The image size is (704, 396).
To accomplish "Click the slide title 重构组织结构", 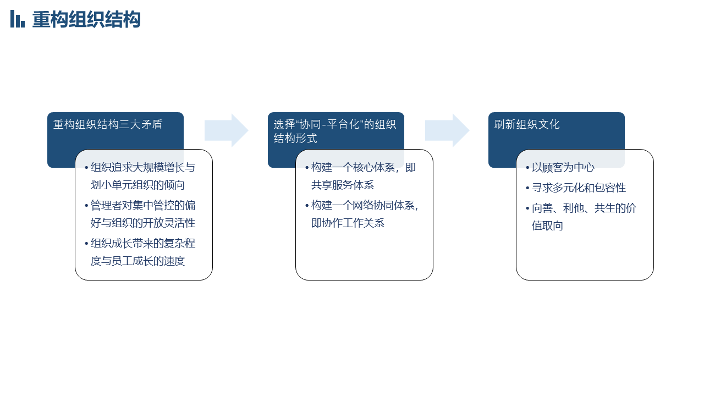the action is [86, 19].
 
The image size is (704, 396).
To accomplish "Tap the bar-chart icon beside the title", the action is [17, 19].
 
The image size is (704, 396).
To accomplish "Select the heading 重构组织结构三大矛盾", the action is [108, 124].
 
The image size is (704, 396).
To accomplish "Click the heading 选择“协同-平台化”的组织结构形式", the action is [335, 131].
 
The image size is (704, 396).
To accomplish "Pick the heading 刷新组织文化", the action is [527, 124].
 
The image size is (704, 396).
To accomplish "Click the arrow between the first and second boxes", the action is [226, 130].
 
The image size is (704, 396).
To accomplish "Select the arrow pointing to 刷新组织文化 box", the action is [447, 130].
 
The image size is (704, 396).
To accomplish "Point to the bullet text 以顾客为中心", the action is [563, 168].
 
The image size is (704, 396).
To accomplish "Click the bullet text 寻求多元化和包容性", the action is [579, 188].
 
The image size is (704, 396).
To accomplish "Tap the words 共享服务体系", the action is [343, 185].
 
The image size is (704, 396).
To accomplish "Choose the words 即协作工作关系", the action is [348, 223].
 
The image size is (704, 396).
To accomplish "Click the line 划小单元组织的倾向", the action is [137, 185].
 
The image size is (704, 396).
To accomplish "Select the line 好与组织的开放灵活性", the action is [143, 223].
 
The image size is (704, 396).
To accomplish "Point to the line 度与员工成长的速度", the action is [137, 261].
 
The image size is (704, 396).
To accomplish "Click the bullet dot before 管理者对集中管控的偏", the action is [86, 206].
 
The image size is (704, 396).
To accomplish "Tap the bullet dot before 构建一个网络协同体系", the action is [307, 206].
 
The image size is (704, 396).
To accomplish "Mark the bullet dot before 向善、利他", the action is [527, 208].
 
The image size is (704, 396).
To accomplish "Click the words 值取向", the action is [547, 226].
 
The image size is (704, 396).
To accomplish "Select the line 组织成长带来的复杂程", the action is [143, 244].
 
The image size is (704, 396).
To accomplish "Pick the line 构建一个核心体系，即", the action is [364, 168].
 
